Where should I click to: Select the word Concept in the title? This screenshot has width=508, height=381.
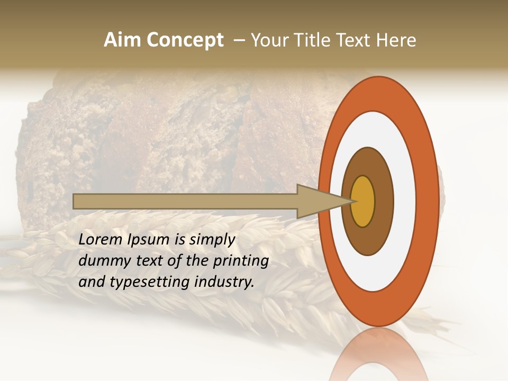click(x=185, y=40)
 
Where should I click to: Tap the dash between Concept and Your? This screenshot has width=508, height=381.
click(x=240, y=41)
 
